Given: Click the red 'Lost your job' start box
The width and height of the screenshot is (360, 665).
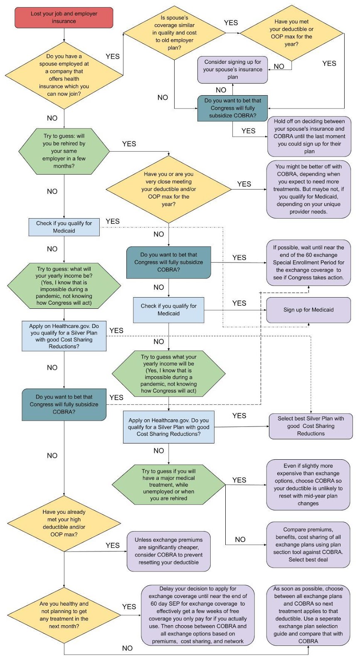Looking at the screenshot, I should coord(64,17).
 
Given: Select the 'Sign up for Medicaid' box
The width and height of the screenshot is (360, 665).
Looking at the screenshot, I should coord(308,310).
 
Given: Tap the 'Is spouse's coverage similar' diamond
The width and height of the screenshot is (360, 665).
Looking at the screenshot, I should coord(174,33).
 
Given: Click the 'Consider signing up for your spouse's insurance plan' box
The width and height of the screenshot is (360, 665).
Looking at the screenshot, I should coord(232,69).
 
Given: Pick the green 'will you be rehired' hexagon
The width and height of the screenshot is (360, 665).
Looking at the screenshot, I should coord(64,151).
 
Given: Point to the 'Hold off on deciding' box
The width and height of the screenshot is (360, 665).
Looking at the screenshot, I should coord(309,136).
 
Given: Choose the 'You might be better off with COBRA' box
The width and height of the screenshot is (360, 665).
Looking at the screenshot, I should coord(308,189).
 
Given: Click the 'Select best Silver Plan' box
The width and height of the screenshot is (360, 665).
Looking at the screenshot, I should coord(311,426).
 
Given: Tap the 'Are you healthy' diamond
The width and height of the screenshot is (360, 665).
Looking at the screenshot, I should coord(64,615).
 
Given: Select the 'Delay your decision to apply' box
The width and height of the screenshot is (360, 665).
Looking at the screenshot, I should coord(197,615).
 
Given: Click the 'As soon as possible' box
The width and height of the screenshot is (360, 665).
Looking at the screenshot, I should coord(308,615).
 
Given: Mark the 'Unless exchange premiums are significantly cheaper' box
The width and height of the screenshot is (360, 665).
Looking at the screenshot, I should coord(168,551).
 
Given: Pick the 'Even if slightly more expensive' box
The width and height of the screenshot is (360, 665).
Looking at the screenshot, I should coord(308,485).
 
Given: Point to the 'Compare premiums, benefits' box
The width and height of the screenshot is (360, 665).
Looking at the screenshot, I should coord(308,544).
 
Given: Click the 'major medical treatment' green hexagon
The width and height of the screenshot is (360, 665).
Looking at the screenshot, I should coord(168,485).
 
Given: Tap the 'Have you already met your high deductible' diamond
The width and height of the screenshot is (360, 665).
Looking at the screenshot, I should coord(64,523).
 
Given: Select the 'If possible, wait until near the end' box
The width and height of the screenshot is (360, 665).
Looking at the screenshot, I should coord(308,262).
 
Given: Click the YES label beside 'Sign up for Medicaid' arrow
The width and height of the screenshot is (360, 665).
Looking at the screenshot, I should coord(239,303).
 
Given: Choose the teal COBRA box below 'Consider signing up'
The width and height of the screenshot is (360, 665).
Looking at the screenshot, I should coord(232,108).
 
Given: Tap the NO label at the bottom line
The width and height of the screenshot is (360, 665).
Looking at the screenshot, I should coord(127,648).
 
